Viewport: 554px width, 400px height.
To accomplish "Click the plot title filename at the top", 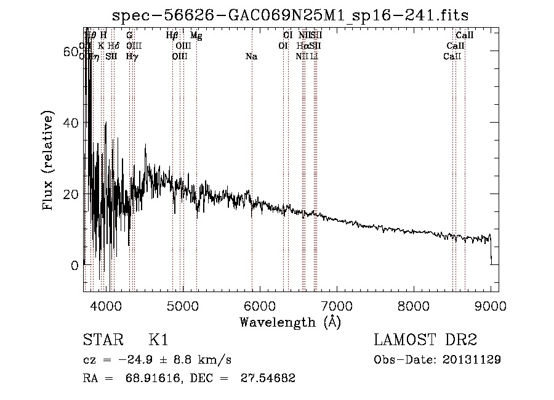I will tap(295, 15).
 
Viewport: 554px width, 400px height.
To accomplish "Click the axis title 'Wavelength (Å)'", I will tap(290, 322).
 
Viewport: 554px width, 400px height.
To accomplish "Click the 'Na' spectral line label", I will tap(251, 57).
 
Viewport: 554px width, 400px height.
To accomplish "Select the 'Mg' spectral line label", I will tap(196, 36).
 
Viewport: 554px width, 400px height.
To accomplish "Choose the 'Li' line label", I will tap(315, 56).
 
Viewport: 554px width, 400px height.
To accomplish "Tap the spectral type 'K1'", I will tap(158, 340).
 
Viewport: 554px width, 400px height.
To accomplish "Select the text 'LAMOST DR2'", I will tap(425, 340).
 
